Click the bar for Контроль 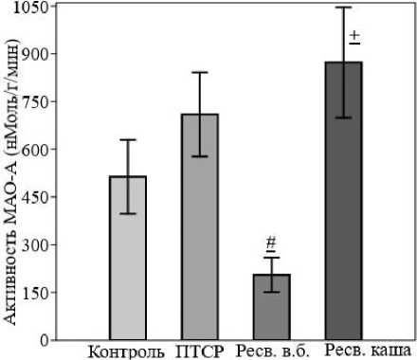point(128,258)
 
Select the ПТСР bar point(200,226)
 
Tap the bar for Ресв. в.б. point(272,307)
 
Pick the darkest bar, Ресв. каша point(344,201)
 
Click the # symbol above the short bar point(271,243)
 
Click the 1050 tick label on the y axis point(30,7)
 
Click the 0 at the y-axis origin point(45,340)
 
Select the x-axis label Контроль point(126,351)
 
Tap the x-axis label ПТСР point(200,351)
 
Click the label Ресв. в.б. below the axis point(272,351)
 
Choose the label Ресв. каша point(369,350)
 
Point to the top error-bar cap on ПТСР point(200,73)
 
